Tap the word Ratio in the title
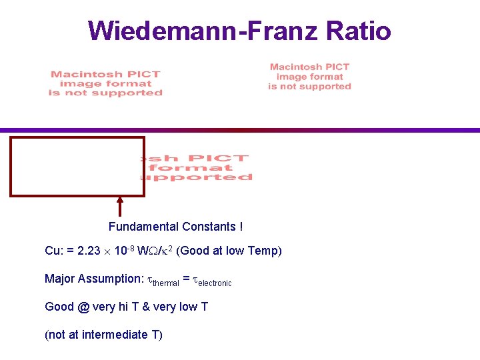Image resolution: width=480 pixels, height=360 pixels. [x=357, y=30]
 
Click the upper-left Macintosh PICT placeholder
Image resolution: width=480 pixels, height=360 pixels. [x=105, y=84]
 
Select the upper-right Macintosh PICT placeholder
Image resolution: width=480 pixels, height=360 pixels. [x=309, y=77]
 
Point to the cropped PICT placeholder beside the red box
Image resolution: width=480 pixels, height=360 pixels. [x=197, y=168]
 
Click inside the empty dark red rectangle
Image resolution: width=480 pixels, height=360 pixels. [x=77, y=167]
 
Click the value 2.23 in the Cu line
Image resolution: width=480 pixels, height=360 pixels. [x=88, y=251]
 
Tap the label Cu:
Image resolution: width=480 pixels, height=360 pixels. [x=53, y=251]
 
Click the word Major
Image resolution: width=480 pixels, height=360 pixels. [x=59, y=279]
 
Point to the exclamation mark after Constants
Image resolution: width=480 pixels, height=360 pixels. [x=240, y=227]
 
